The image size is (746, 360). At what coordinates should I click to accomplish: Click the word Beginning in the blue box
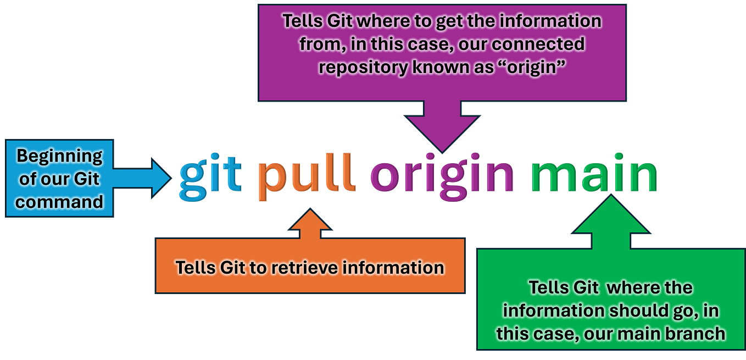pyautogui.click(x=59, y=156)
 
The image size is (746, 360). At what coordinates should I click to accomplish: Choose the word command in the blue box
pyautogui.click(x=59, y=202)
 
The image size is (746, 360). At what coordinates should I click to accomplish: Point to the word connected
pyautogui.click(x=533, y=43)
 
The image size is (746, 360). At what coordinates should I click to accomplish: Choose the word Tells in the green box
pyautogui.click(x=547, y=287)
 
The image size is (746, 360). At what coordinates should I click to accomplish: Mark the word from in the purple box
pyautogui.click(x=319, y=43)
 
